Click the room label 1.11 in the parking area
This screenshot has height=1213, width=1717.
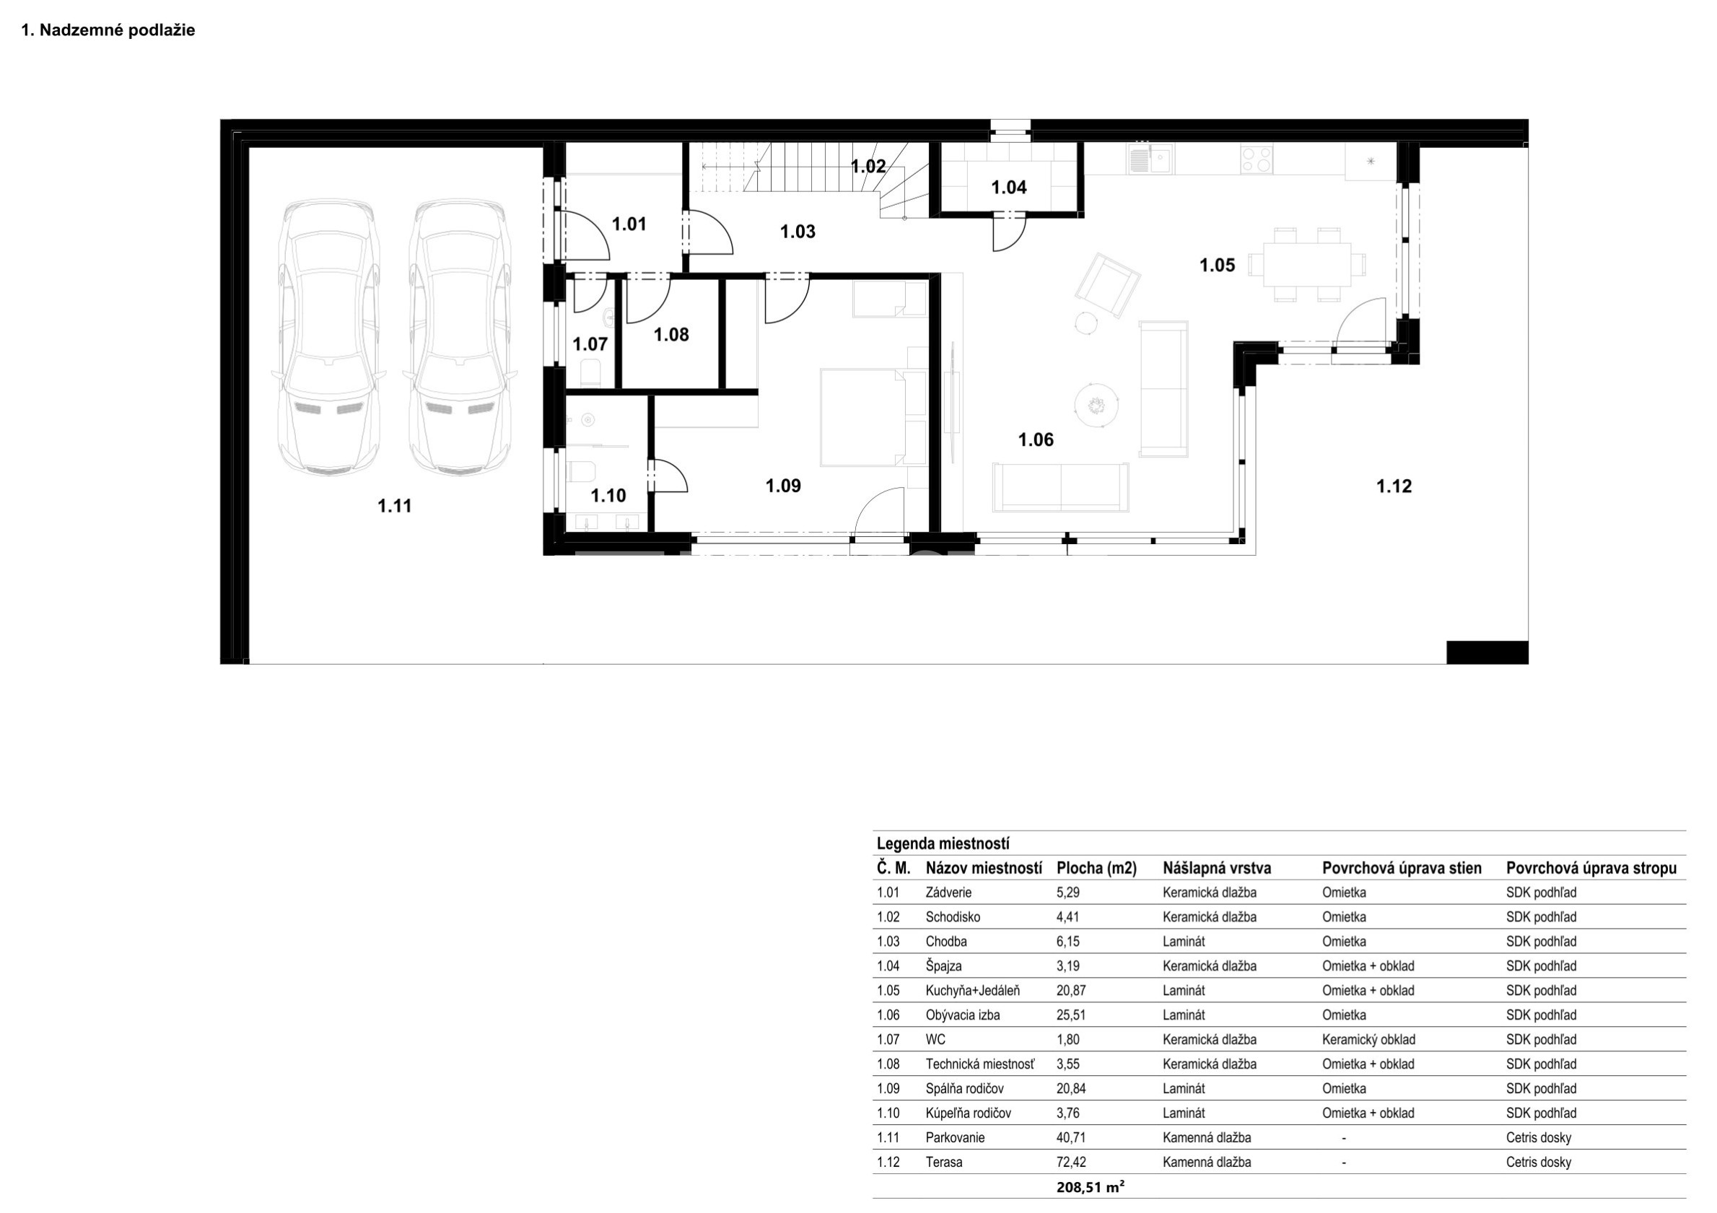coord(394,507)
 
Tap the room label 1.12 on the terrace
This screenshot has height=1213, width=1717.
coord(1394,487)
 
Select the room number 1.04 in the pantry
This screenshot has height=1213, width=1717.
coord(1009,188)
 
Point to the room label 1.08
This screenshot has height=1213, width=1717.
coord(670,335)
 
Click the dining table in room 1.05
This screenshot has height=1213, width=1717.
coord(1307,265)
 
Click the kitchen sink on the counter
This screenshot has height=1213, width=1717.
coord(1151,159)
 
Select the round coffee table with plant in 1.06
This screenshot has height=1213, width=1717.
coord(1096,406)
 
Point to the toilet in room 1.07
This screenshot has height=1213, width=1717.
coord(591,372)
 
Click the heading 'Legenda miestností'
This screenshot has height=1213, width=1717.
coord(943,844)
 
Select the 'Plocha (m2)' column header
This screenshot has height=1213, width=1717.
coord(1096,868)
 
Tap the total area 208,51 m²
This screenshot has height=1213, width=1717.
coord(1091,1187)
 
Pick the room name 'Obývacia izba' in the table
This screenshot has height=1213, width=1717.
coord(963,1015)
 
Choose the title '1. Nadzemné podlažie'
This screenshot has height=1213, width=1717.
coord(108,30)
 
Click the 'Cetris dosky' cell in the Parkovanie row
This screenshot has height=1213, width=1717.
coord(1538,1138)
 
